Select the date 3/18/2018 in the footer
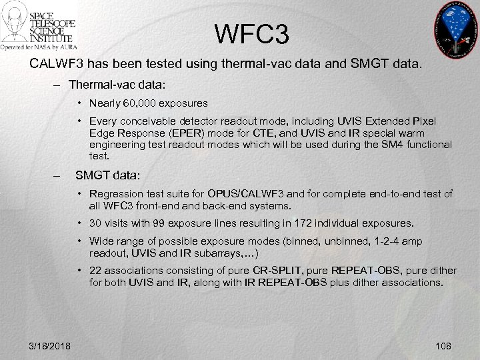tap(51, 345)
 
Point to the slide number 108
tap(442, 345)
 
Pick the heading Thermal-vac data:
tap(117, 85)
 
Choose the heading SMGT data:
tap(108, 175)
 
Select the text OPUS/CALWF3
tap(250, 194)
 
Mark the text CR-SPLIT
tap(280, 271)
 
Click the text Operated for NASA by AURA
tap(39, 47)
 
